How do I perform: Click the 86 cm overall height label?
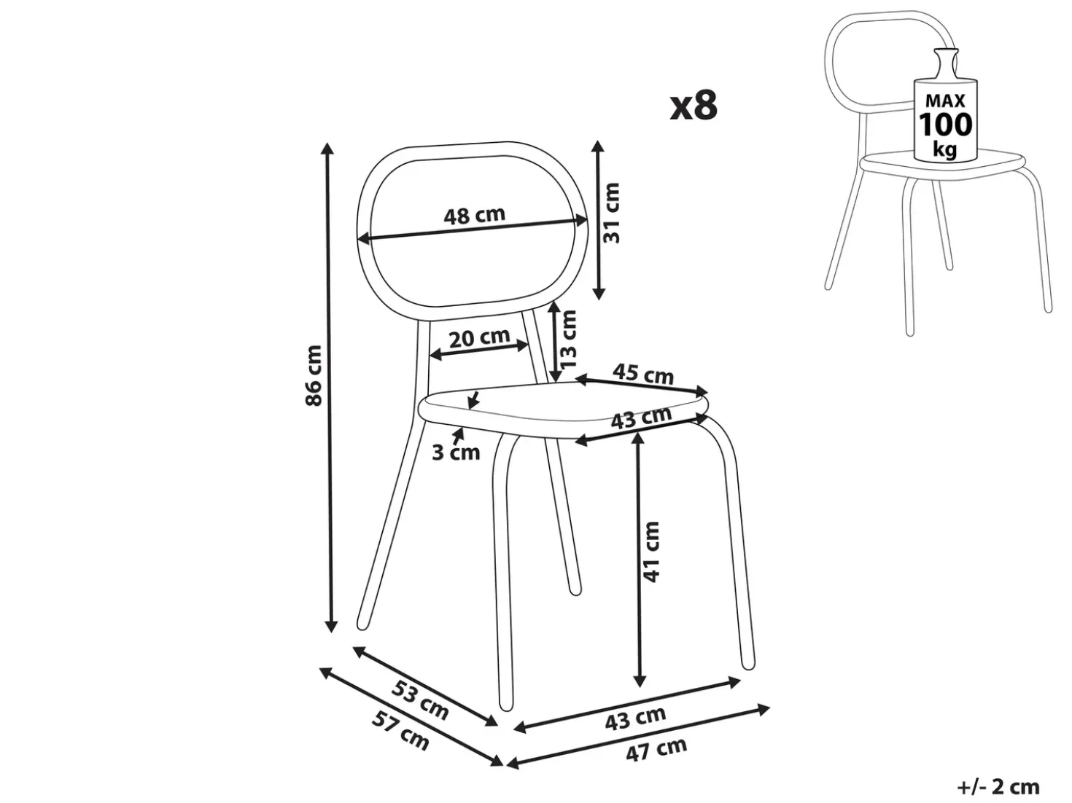point(313,375)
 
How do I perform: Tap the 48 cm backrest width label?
point(474,215)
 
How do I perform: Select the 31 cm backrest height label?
point(611,213)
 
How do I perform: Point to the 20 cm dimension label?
point(479,337)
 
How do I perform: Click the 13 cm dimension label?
point(569,339)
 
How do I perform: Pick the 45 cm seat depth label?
point(642,374)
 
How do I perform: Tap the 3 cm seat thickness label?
point(456,453)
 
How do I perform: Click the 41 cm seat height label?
point(651,552)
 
